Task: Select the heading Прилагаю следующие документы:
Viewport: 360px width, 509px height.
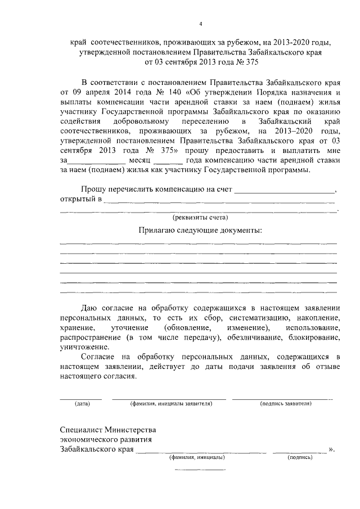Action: (x=200, y=231)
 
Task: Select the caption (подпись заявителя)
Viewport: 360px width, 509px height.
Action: (x=282, y=404)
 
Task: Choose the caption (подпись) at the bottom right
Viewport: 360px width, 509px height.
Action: (x=300, y=458)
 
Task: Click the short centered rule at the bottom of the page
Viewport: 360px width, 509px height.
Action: (x=200, y=469)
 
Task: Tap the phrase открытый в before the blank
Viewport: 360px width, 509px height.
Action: (x=80, y=199)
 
